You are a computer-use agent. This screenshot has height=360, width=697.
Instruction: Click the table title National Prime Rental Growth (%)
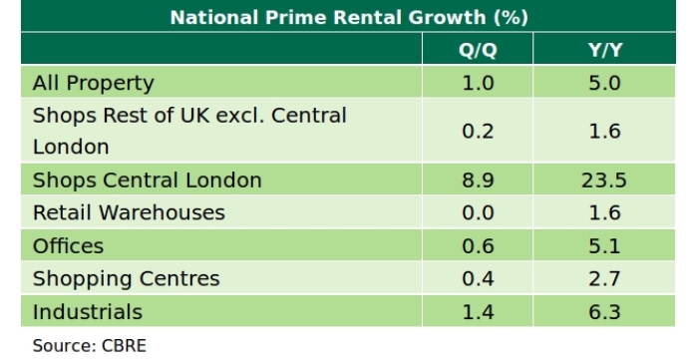(x=348, y=18)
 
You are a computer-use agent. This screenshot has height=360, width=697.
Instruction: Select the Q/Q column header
(x=478, y=51)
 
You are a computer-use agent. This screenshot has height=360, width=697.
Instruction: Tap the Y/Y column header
(x=605, y=51)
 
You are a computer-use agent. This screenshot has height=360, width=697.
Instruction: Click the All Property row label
(x=93, y=83)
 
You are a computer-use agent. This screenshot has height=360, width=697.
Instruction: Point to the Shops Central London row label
(x=147, y=180)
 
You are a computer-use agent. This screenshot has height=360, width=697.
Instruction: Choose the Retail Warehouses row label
(x=129, y=212)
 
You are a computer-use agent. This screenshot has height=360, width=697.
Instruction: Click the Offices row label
(x=68, y=245)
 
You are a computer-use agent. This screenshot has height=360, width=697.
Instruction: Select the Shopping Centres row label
(x=126, y=278)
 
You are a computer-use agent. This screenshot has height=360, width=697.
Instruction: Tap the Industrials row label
(x=88, y=312)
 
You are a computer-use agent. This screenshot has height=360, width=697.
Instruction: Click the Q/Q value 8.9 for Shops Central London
(x=478, y=180)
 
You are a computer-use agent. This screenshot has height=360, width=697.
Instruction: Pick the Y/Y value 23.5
(x=605, y=180)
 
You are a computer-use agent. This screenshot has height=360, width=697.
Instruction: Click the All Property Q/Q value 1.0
(x=478, y=83)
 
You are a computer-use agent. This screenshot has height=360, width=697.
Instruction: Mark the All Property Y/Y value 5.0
(x=605, y=83)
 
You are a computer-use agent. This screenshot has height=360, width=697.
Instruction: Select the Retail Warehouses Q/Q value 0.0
(x=478, y=212)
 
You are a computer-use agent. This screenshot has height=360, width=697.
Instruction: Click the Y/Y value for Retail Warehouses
(x=605, y=212)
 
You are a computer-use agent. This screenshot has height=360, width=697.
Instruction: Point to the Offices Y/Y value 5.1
(x=605, y=245)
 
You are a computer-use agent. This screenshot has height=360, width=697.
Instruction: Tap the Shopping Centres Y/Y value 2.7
(x=605, y=278)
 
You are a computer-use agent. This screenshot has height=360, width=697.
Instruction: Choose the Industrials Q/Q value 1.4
(x=478, y=312)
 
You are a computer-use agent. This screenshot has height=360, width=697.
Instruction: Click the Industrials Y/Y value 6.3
(x=605, y=312)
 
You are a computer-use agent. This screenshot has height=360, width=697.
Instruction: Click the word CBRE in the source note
(x=124, y=346)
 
